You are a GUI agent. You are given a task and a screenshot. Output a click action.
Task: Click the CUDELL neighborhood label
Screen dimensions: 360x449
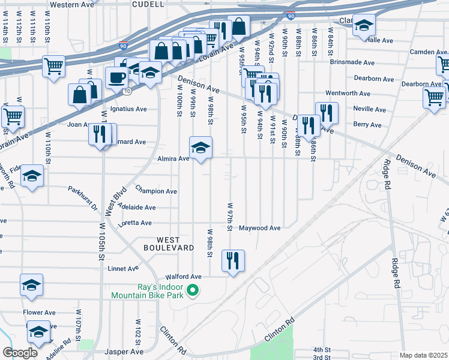coord(148,4)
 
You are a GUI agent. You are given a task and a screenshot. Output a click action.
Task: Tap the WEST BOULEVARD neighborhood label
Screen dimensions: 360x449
coord(168,242)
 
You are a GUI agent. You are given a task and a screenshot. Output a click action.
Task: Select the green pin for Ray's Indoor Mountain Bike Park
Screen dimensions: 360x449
coord(193,292)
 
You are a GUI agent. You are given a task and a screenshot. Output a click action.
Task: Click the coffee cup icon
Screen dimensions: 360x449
coord(116,77)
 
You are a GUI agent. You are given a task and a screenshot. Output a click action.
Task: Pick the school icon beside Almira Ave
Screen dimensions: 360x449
coord(200,147)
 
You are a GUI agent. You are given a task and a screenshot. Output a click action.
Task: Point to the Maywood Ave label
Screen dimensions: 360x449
coord(260,228)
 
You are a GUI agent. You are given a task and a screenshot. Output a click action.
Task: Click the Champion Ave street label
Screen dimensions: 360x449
coord(156,191)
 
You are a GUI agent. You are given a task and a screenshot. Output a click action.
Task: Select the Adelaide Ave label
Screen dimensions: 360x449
coord(137,208)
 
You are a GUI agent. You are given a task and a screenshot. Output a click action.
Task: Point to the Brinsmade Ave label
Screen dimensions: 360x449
coord(352,62)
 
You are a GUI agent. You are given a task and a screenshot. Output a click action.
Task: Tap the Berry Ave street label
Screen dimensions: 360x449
coord(367,125)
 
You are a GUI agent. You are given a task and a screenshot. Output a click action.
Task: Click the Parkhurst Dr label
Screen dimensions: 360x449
coord(83,199)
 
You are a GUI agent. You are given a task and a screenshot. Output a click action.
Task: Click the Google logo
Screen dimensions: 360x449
coord(20,353)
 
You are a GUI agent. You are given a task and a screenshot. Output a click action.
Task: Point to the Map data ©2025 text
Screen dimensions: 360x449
coord(423,355)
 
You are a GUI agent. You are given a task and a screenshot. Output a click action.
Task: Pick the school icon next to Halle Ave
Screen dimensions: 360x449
coord(363,25)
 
